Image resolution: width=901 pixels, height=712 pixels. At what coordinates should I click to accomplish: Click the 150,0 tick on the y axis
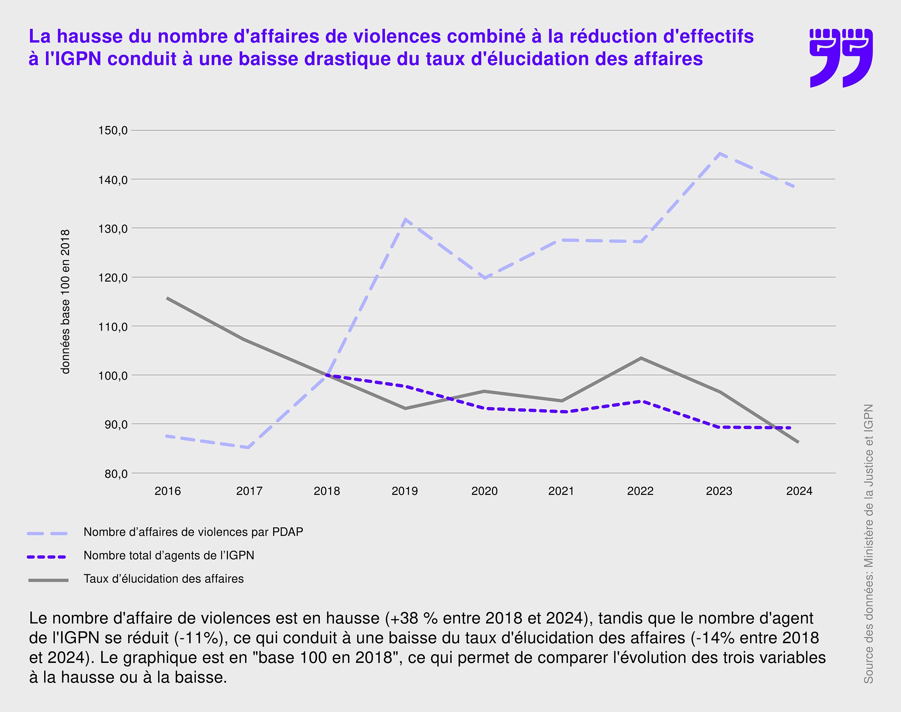pos(113,131)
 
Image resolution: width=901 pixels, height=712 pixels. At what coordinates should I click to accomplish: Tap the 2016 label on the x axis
pos(168,491)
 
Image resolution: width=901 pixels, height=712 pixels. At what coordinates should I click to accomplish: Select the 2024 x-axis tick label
pos(799,491)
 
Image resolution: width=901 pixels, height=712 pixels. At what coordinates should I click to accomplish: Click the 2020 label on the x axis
pos(484,491)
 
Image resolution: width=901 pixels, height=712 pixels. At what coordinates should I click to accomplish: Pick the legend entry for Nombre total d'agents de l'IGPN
pos(168,555)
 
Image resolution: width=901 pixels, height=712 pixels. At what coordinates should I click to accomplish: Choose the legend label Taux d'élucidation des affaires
pos(163,578)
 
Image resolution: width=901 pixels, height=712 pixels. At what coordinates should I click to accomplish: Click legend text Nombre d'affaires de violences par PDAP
pos(193,532)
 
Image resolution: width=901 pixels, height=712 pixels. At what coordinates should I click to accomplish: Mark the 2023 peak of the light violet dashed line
pos(720,153)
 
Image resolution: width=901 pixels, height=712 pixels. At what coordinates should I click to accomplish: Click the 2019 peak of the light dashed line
pos(405,219)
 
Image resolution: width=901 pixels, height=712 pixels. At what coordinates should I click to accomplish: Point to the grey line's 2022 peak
pos(641,358)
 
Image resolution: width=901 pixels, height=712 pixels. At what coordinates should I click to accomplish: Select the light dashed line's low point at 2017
pos(249,448)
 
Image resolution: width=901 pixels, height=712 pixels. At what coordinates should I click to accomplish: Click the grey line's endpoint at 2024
pos(798,442)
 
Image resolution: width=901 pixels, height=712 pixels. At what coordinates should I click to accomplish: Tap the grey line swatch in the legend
pos(48,580)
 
